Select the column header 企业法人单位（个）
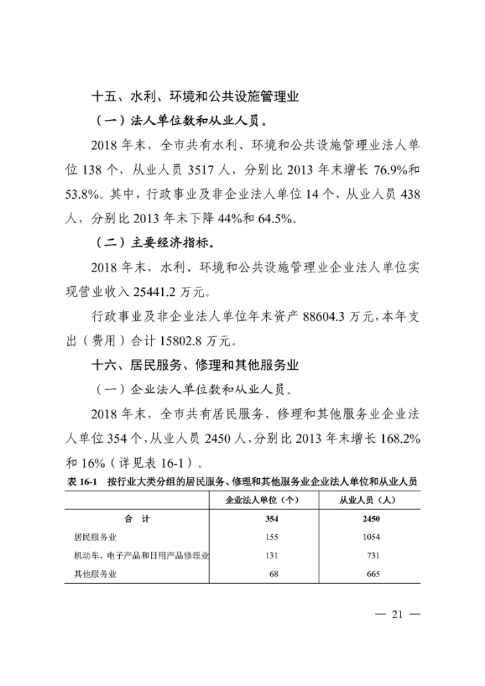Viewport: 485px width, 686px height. [x=262, y=500]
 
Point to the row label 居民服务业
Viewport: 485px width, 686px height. [x=95, y=537]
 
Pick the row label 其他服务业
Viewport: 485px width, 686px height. [x=95, y=574]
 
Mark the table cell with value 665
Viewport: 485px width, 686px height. [x=372, y=574]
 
